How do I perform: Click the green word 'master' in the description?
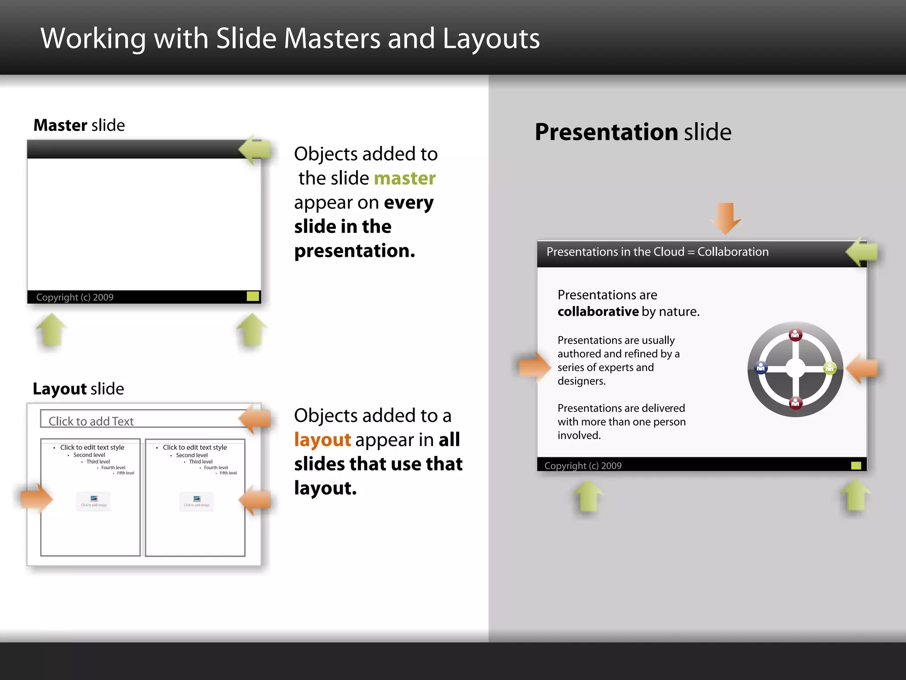tap(404, 178)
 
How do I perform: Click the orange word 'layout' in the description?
tap(322, 440)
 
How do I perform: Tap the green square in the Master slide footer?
tap(253, 296)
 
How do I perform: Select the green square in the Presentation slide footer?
tap(856, 465)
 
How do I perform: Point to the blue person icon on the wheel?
tap(761, 367)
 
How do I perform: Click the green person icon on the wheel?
tap(830, 367)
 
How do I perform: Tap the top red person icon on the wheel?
tap(795, 334)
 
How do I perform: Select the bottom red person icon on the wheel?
tap(795, 402)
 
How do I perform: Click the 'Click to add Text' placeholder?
tap(91, 421)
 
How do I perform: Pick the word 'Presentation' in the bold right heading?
tap(606, 132)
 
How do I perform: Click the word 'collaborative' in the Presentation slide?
tap(598, 312)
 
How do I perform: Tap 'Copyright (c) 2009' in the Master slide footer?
tap(75, 297)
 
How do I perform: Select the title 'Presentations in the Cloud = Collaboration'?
tap(657, 252)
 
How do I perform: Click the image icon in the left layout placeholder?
tap(94, 499)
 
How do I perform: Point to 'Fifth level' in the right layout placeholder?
tap(228, 473)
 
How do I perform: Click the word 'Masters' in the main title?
tap(332, 39)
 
